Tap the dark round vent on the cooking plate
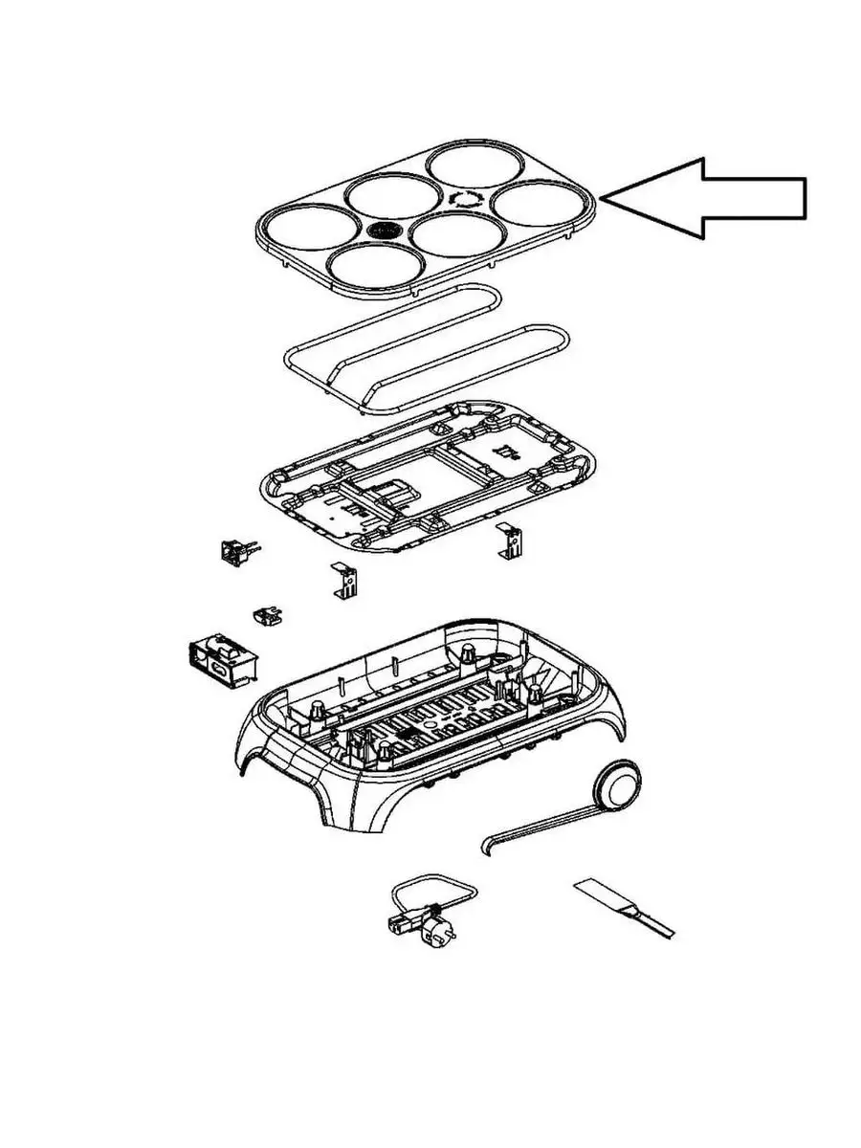[386, 231]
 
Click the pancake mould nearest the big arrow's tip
[539, 203]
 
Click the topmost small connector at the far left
[235, 551]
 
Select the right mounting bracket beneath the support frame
[509, 542]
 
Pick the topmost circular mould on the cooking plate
[473, 165]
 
